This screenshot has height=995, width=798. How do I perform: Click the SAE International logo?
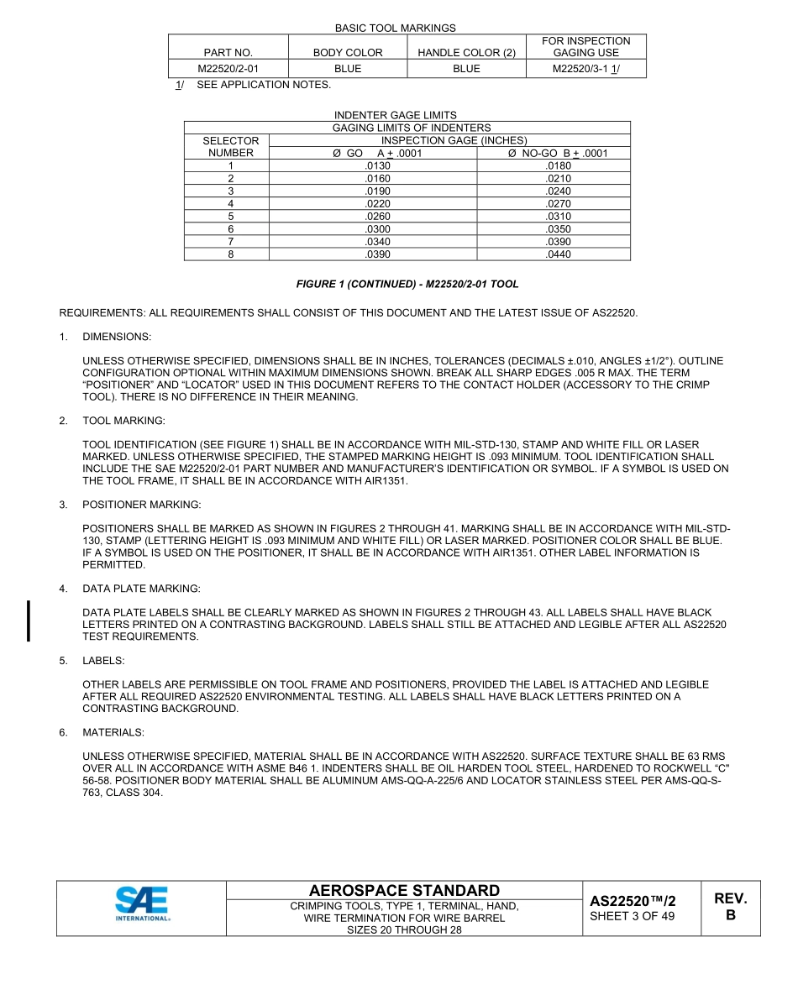(142, 906)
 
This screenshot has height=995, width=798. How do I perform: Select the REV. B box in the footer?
(730, 907)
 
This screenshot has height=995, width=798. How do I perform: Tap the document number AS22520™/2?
(633, 901)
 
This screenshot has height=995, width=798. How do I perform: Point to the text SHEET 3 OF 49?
(633, 916)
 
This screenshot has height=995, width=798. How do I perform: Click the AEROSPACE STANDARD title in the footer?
(404, 890)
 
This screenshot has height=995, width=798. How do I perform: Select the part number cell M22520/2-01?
(228, 69)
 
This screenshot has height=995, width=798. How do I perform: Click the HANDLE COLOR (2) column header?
(466, 52)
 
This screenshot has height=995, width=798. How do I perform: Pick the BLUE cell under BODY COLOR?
(348, 69)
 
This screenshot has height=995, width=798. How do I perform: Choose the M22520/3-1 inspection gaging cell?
(586, 69)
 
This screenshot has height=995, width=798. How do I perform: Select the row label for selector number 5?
(231, 216)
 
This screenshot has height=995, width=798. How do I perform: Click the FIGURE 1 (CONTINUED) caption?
(407, 285)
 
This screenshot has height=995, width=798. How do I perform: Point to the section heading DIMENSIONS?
(117, 337)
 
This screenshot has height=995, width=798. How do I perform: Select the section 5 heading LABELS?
(103, 661)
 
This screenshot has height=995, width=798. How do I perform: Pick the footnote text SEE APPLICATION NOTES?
(264, 85)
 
